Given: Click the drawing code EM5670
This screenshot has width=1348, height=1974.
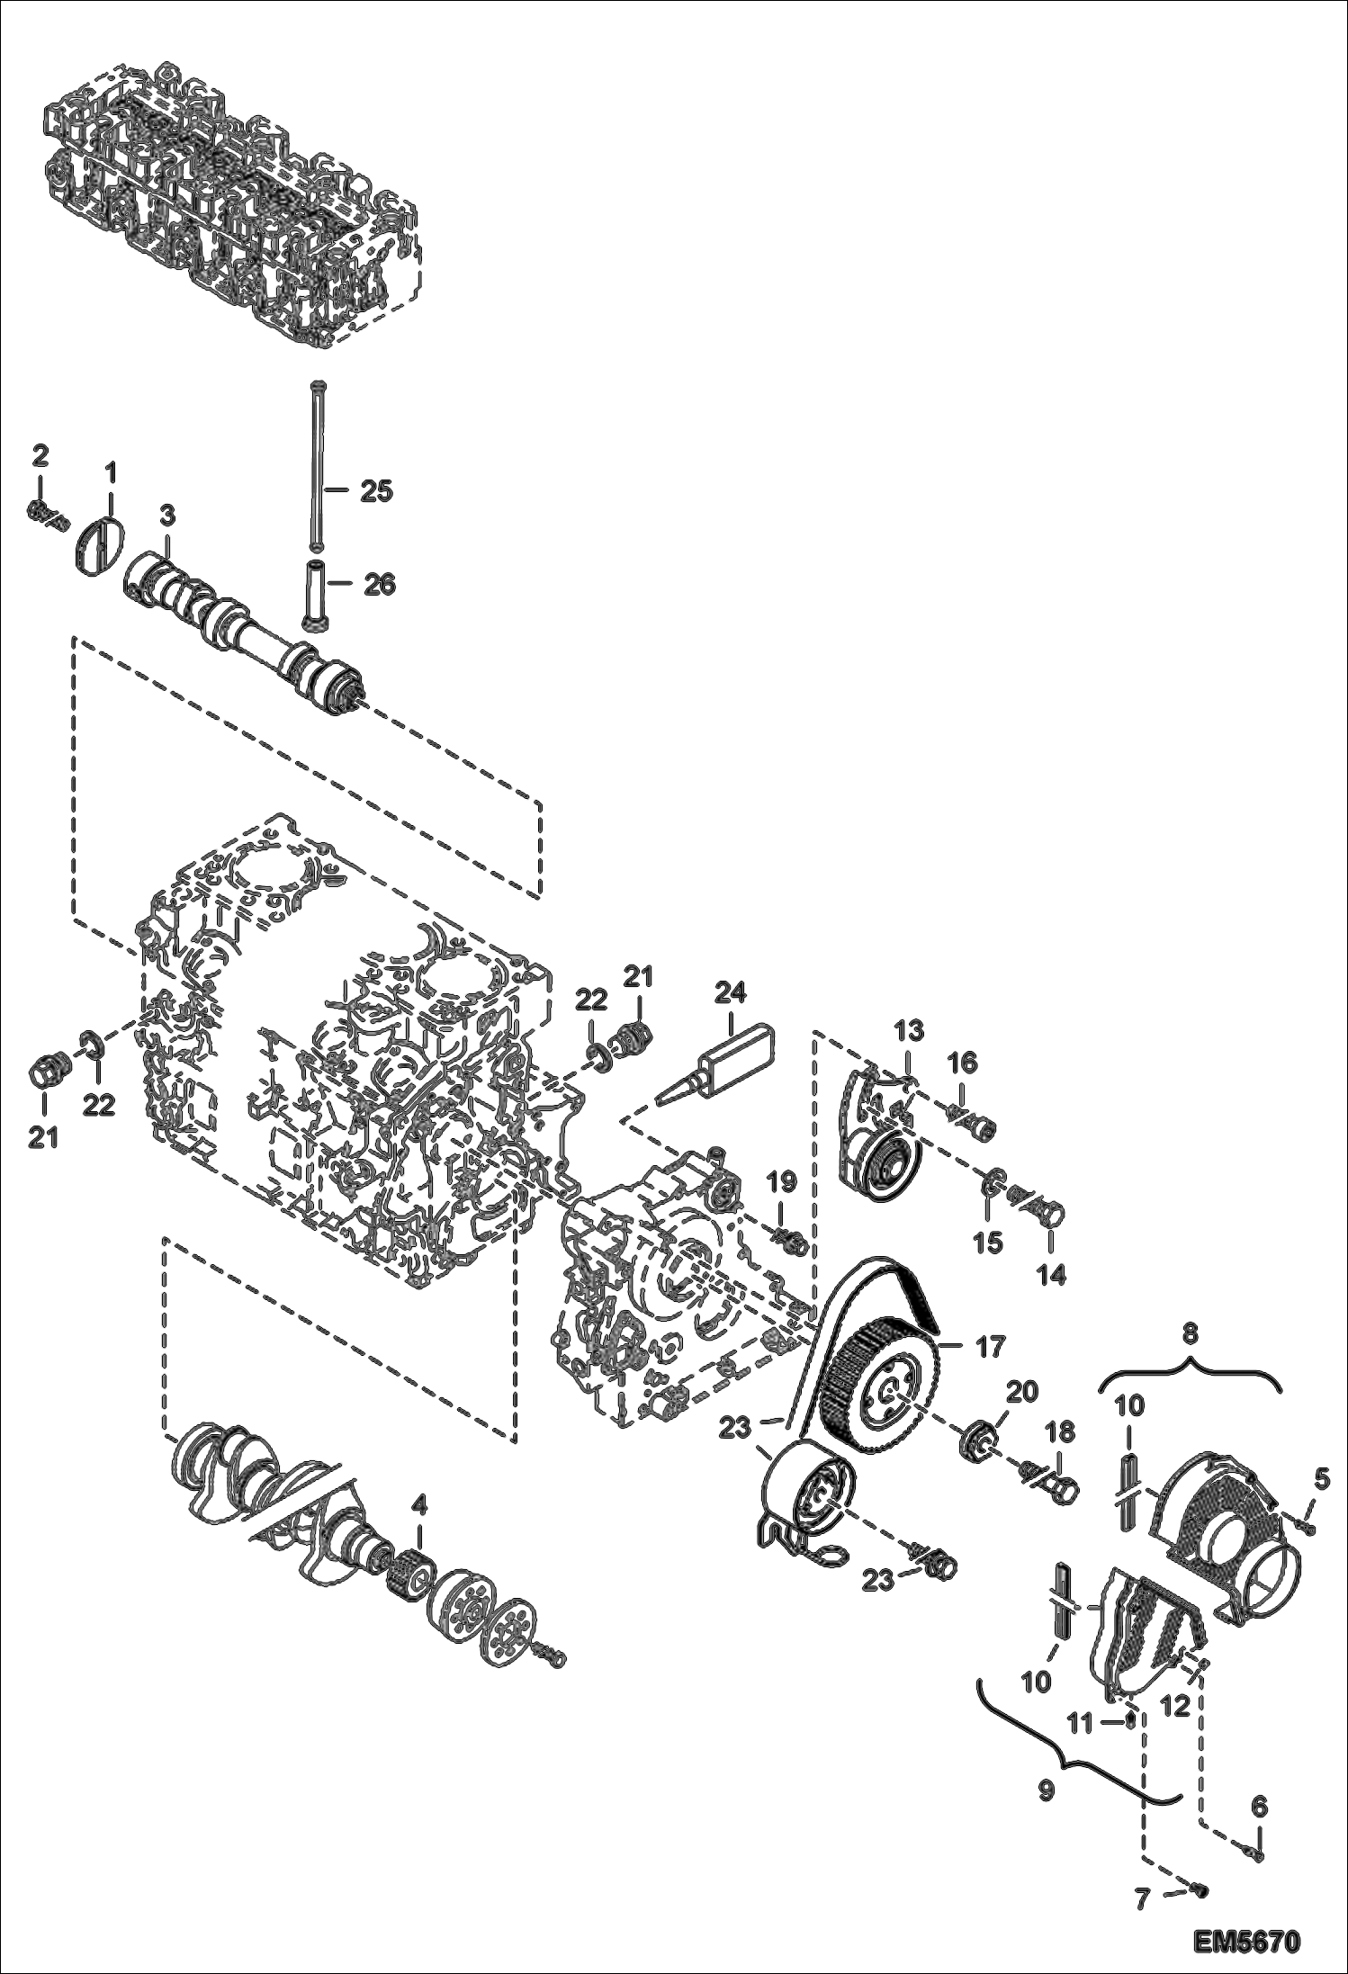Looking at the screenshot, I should coord(1247,1941).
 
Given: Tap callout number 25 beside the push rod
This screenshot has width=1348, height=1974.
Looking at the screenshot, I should coord(376,491).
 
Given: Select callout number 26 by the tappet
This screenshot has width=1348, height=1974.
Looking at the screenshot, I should coord(378,584).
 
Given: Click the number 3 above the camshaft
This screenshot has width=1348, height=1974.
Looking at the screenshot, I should coord(168,515).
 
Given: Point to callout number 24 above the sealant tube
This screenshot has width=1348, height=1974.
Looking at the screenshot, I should coord(731,993).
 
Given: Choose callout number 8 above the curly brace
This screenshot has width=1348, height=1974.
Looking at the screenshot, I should coord(1190,1334).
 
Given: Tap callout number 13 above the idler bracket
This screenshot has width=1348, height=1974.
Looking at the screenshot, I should coord(909,1030).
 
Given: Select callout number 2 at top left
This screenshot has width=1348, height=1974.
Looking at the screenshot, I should coord(40,455).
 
